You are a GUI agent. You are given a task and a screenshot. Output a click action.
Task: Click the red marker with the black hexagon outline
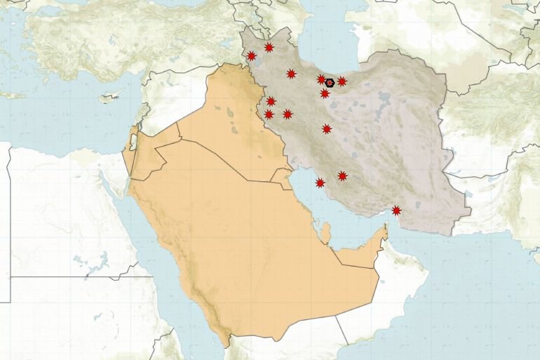pos(329,83)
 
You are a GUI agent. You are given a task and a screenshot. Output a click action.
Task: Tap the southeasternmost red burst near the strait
pos(396,210)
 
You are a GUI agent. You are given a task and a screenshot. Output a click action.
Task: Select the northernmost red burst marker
pos(269,48)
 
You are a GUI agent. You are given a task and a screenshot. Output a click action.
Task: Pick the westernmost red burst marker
pos(251,56)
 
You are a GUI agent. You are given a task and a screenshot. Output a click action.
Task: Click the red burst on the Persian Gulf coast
pos(320,183)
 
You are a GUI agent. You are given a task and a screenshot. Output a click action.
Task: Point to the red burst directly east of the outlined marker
pos(342,81)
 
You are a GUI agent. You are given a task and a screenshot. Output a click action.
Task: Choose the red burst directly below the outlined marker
pos(325,93)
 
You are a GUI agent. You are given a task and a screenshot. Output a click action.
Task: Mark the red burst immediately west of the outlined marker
pos(320,79)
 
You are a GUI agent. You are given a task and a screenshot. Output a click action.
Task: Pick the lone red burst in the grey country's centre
pos(327,128)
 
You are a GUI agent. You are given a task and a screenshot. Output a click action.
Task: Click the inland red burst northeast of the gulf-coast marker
pos(342,175)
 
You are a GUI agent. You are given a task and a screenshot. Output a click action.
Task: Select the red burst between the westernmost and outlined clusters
pos(291,74)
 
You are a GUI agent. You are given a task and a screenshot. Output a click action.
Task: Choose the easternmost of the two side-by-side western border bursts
pos(288,114)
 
